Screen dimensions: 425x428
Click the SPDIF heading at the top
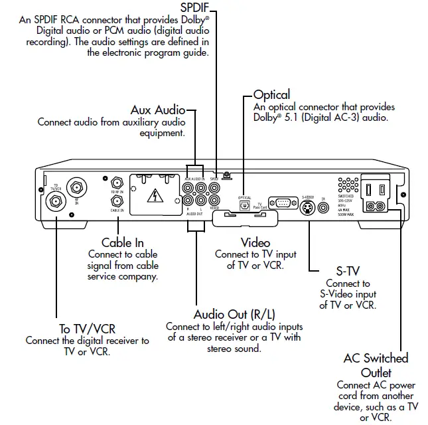198,8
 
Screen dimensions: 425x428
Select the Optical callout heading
272,95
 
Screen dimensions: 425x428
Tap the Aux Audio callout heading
157,110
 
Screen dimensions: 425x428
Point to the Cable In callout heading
123,243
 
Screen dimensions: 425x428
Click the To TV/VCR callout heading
87,329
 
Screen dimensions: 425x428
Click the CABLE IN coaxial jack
117,201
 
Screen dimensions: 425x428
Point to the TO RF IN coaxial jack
117,182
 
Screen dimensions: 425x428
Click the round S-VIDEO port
307,207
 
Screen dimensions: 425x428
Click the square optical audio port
245,207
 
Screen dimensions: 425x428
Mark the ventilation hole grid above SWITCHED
345,186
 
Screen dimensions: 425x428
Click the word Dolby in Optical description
268,118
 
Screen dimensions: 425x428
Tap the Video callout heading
255,242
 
